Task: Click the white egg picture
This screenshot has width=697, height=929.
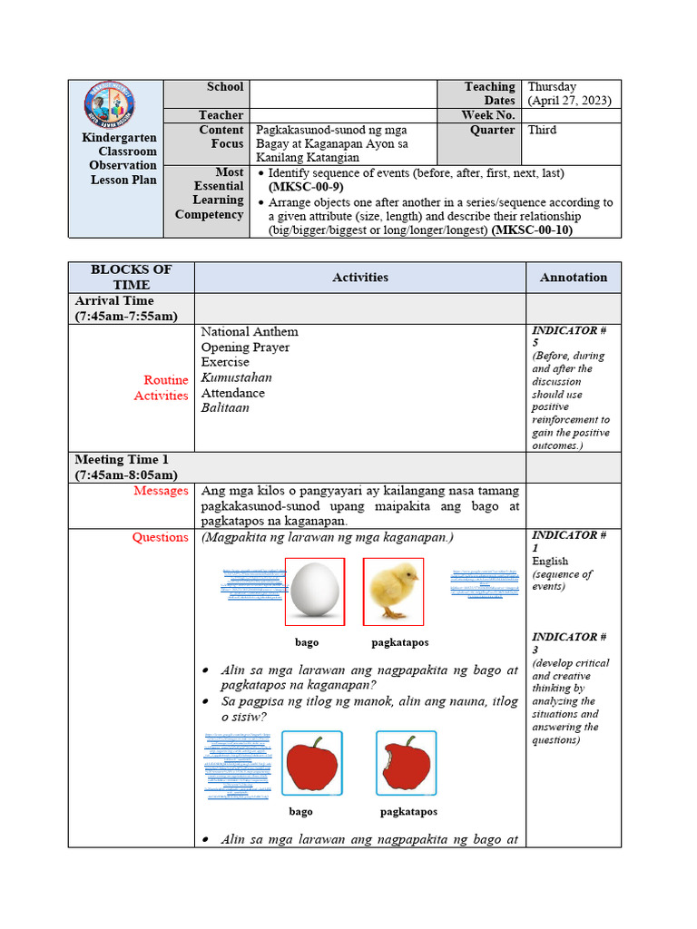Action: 314,592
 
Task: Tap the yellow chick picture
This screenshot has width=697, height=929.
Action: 393,592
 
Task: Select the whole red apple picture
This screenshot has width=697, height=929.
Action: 312,764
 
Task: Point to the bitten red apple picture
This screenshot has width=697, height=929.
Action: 406,764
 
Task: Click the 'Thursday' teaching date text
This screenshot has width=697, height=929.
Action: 553,87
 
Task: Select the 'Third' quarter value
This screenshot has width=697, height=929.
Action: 543,130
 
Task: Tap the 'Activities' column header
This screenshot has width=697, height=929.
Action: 360,278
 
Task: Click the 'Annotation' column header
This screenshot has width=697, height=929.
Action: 574,278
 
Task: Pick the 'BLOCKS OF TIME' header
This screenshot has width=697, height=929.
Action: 132,278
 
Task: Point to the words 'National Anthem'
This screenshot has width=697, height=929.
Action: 250,332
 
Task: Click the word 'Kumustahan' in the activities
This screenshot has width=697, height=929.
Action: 236,377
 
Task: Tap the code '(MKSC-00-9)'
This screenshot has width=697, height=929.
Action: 306,187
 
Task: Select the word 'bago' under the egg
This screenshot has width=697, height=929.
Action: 307,642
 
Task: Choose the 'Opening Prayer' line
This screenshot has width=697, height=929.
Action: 245,347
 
